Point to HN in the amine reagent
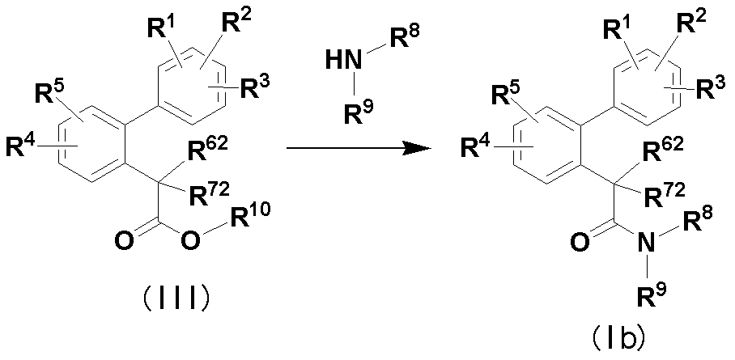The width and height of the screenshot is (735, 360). (x=338, y=59)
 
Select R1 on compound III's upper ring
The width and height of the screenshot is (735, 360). (x=163, y=31)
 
